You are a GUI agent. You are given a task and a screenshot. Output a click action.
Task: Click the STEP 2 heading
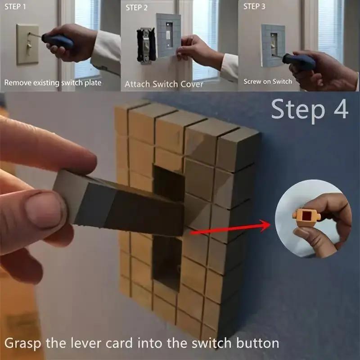[x=137, y=7]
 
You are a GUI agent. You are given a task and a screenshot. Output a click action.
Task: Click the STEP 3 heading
[x=255, y=6]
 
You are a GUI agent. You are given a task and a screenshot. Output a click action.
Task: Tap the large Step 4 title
[x=310, y=110]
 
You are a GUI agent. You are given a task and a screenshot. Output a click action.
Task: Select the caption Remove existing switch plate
[x=53, y=83]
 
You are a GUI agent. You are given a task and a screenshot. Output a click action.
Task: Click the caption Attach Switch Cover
[x=164, y=84]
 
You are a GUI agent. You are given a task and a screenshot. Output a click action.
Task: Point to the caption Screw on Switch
[x=268, y=81]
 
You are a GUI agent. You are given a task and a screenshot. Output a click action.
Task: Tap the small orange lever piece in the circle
[x=306, y=217]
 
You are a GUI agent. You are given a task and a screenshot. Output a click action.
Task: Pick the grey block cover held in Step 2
[x=168, y=35]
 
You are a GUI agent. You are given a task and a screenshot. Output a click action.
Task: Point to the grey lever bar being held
[x=121, y=202]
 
